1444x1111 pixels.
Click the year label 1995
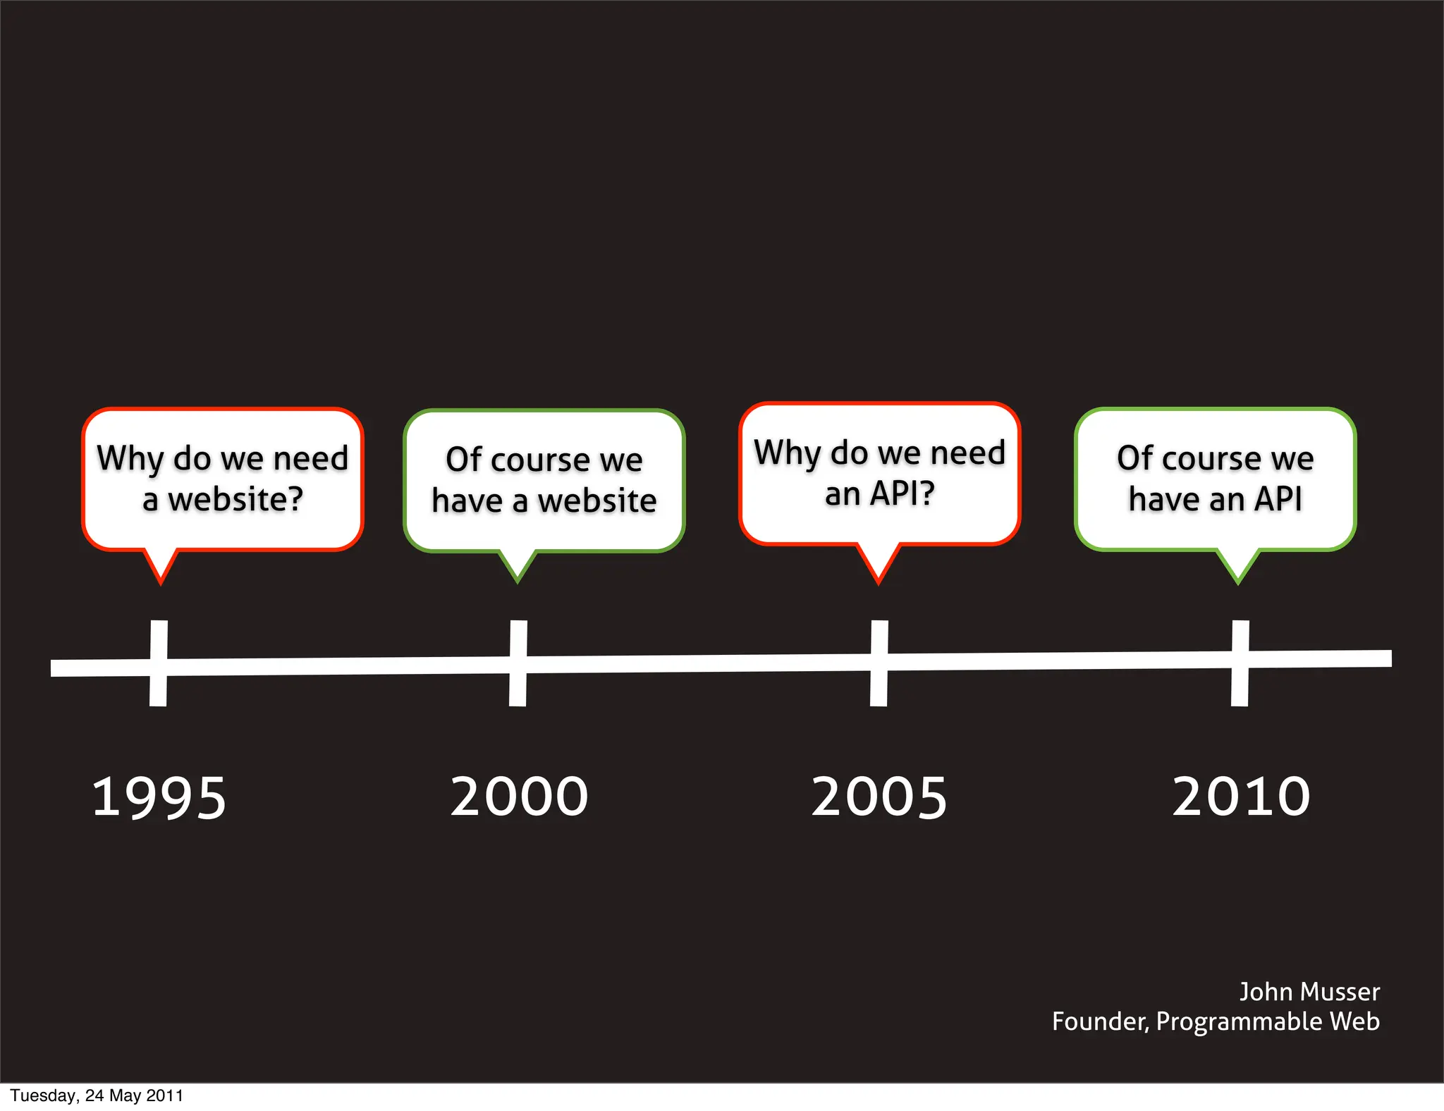pyautogui.click(x=159, y=797)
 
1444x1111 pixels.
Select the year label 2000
pyautogui.click(x=519, y=797)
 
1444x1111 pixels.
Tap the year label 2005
pyautogui.click(x=879, y=797)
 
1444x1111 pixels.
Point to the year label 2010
pyautogui.click(x=1241, y=797)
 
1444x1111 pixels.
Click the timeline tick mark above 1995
pyautogui.click(x=159, y=663)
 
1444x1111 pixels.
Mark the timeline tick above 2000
pyautogui.click(x=518, y=663)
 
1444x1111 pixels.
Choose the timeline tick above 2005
pyautogui.click(x=879, y=663)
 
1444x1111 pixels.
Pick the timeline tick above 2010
pyautogui.click(x=1240, y=663)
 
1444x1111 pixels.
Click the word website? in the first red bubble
pyautogui.click(x=235, y=500)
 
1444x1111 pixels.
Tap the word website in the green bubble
pyautogui.click(x=597, y=501)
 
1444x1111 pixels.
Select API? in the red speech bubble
pyautogui.click(x=902, y=493)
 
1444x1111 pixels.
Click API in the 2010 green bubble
pyautogui.click(x=1278, y=499)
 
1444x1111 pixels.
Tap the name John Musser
pyautogui.click(x=1309, y=992)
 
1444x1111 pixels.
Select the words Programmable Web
pyautogui.click(x=1268, y=1021)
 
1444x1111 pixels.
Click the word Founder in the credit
pyautogui.click(x=1099, y=1021)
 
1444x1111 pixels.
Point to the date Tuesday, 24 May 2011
pyautogui.click(x=97, y=1095)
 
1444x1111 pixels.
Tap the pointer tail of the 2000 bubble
pyautogui.click(x=518, y=565)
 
